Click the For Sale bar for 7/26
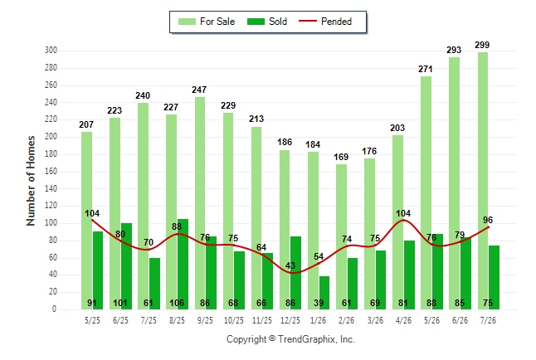(x=483, y=181)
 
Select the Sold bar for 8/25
(x=183, y=265)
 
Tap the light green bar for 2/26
(x=341, y=237)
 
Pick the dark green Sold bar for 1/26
(x=324, y=293)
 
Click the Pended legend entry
(x=325, y=22)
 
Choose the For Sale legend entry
(x=207, y=22)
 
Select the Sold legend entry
(x=267, y=22)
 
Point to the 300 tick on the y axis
(x=51, y=51)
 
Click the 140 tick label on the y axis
(x=51, y=188)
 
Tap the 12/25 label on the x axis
(x=290, y=320)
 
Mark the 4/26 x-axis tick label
(x=403, y=320)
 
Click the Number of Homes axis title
(x=31, y=181)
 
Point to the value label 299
(x=482, y=45)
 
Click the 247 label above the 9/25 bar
(x=199, y=90)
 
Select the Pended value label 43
(x=290, y=265)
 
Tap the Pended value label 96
(x=488, y=220)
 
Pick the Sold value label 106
(x=177, y=303)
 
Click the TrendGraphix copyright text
(x=290, y=339)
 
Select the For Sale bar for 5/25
(x=86, y=221)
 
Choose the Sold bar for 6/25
(x=126, y=266)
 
